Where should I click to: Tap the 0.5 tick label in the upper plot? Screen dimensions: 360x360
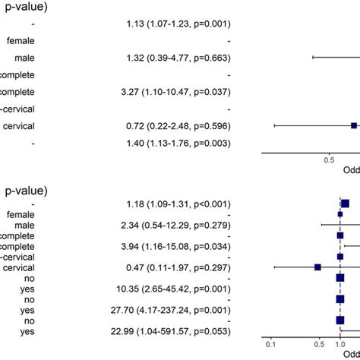[x=329, y=160]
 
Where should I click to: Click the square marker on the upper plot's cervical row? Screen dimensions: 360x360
[x=353, y=126]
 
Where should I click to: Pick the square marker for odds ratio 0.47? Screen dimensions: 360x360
[x=317, y=267]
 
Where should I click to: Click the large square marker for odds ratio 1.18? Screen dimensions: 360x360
[x=345, y=204]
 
